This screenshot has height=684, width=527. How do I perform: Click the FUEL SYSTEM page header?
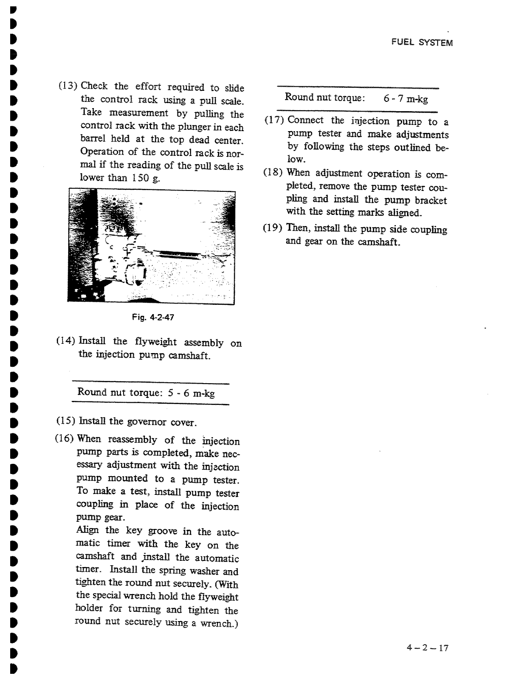click(422, 43)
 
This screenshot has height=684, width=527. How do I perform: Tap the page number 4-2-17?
click(427, 648)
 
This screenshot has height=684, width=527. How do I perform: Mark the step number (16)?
click(65, 439)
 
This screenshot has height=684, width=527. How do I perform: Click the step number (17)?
click(275, 120)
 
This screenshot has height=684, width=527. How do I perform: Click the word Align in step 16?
click(88, 530)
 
